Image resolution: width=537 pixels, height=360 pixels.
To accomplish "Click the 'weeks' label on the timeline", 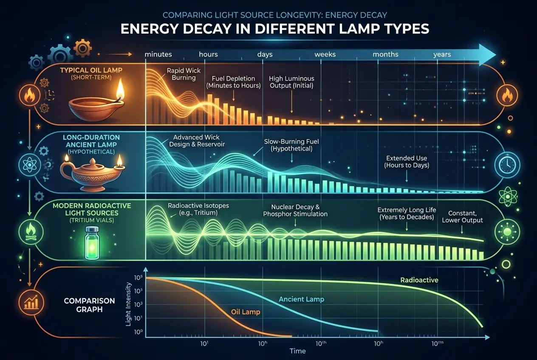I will click(325, 54).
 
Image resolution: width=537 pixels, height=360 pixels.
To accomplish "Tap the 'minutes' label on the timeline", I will click(158, 54).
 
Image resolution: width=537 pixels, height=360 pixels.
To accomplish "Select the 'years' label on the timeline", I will click(442, 54).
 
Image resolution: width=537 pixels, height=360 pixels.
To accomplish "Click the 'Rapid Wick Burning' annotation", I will click(184, 74).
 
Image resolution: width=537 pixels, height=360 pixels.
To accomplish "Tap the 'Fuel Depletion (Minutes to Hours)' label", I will click(233, 82).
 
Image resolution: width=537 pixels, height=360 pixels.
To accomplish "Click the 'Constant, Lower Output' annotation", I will click(462, 217).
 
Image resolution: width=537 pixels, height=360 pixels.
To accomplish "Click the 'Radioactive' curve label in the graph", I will click(419, 280).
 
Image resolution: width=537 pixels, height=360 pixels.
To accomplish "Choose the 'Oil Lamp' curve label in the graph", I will click(245, 312).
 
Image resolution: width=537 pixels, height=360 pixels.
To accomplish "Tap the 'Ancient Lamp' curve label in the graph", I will click(301, 299).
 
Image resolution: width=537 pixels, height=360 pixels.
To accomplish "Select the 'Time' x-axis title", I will click(298, 351).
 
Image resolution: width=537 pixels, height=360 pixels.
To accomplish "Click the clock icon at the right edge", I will click(506, 163).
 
